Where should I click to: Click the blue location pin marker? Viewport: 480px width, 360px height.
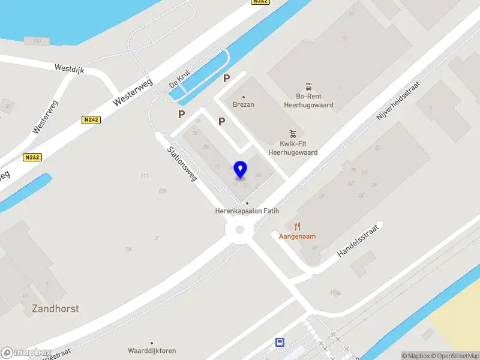pos(241,170)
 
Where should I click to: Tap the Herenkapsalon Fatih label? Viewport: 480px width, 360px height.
pos(247,211)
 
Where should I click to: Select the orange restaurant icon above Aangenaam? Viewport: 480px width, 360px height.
pos(297,226)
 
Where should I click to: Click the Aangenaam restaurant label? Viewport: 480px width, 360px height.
pos(297,236)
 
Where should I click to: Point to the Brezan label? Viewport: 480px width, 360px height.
pos(244,104)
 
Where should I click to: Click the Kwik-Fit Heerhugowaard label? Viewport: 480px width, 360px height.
pos(293,148)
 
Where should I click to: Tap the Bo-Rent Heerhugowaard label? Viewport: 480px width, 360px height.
pos(308,100)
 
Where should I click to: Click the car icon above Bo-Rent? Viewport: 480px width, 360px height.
pos(308,85)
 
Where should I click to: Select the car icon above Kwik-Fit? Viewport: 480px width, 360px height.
pos(293,133)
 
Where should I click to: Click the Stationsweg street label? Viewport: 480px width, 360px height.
pos(182,164)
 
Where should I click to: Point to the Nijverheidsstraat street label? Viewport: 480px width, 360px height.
pos(397,102)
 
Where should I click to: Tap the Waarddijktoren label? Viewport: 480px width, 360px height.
pos(151,350)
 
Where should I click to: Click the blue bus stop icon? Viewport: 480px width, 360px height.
pos(280,343)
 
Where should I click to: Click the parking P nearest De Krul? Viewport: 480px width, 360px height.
pos(227,78)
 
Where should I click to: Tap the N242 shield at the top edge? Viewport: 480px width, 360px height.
pos(259,2)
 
